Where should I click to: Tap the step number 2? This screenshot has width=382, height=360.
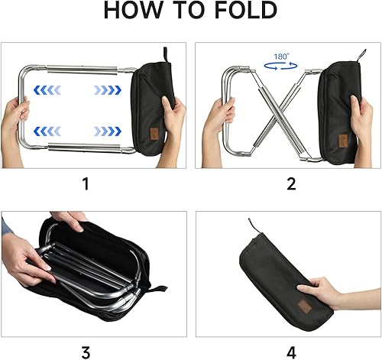tap(290, 183)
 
